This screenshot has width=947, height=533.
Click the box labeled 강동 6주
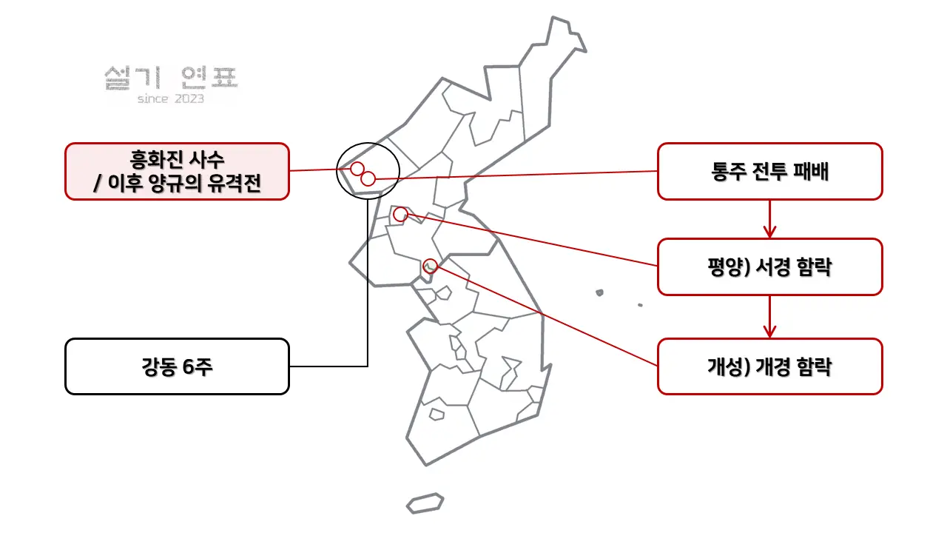point(177,366)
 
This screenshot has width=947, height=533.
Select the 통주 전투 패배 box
point(770,171)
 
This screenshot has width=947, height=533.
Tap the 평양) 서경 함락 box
point(770,267)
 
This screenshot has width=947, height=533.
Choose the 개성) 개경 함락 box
point(770,366)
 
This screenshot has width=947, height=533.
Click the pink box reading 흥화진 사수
point(177,171)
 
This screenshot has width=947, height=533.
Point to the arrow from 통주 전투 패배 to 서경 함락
point(769,219)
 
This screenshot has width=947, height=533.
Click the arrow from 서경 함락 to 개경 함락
point(769,317)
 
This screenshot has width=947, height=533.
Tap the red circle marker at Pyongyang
point(400,215)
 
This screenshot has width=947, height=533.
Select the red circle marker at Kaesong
point(430,266)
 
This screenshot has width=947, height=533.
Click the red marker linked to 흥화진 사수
point(357,169)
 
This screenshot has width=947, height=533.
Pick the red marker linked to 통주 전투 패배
point(368,179)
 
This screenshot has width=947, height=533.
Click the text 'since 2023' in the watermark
point(171,99)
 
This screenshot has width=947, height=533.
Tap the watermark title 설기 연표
point(171,78)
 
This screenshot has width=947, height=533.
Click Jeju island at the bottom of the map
point(425,503)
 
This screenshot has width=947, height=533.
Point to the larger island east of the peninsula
point(599,292)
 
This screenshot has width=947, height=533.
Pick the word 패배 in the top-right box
point(812,172)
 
